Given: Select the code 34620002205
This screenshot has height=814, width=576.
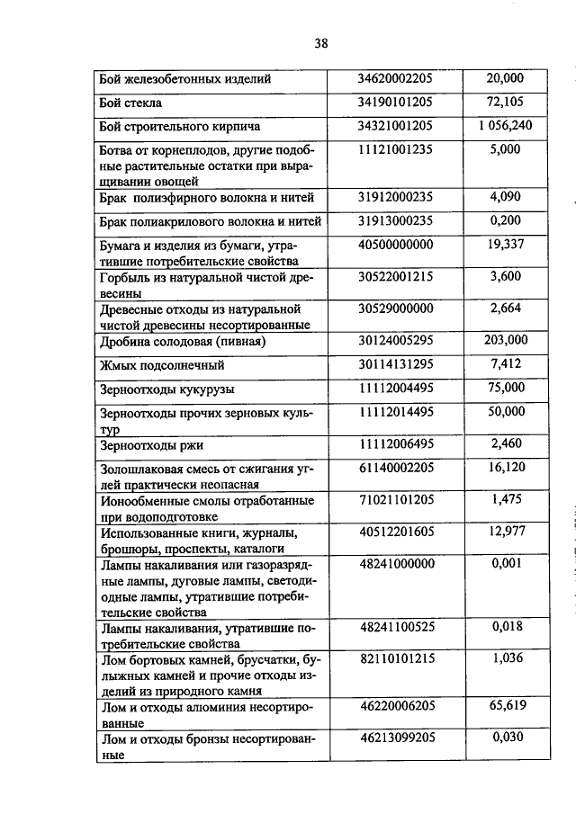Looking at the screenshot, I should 396,79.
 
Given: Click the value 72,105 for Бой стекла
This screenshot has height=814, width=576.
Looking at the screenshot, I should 506,103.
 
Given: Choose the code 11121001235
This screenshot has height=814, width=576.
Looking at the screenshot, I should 396,150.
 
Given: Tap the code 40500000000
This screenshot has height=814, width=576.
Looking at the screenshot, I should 396,245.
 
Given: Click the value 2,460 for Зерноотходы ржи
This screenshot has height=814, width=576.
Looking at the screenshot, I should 506,443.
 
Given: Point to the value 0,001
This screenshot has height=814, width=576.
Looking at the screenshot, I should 506,563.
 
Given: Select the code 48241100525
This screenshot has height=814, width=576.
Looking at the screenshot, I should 396,628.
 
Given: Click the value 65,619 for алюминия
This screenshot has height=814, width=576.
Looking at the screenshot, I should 506,708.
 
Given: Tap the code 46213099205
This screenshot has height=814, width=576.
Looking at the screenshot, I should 396,738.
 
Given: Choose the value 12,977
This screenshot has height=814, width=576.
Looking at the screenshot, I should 506,532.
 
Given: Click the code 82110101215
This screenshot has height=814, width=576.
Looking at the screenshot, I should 396,659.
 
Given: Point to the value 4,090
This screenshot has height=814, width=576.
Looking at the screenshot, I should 506,197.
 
